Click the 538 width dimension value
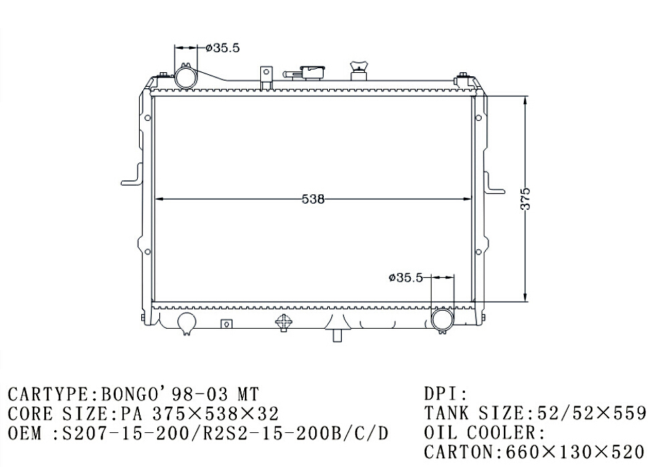(313, 199)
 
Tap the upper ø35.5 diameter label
(223, 48)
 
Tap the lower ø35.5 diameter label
(405, 277)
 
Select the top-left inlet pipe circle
(185, 77)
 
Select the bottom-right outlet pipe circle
(442, 319)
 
